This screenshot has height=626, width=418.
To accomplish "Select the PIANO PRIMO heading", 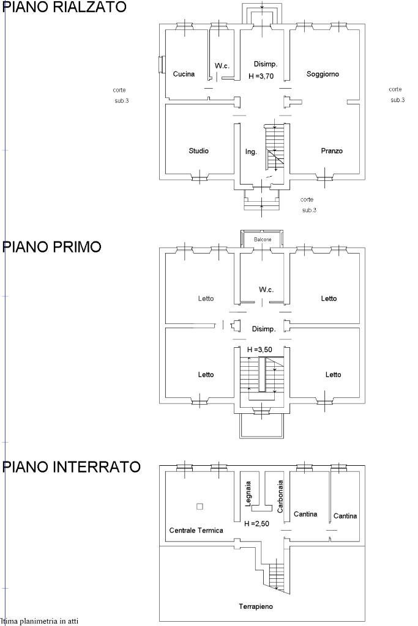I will click(x=52, y=246).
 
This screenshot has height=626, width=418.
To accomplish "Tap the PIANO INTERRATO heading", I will click(x=72, y=467).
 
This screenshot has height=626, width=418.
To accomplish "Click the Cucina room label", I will click(x=184, y=74).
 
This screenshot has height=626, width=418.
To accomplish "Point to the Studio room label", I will click(x=198, y=150).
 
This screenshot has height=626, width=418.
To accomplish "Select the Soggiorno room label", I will click(x=323, y=74).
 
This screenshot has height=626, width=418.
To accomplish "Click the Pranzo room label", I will click(x=332, y=150).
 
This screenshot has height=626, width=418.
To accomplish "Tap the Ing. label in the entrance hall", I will click(x=251, y=152).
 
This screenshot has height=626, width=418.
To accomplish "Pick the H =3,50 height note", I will click(x=259, y=349).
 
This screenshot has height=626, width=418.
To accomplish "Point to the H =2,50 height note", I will click(x=256, y=524).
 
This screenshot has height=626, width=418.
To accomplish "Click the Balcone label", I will click(x=263, y=239).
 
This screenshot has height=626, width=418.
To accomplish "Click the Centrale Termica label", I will click(x=196, y=530).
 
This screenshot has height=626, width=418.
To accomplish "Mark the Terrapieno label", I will click(x=256, y=606).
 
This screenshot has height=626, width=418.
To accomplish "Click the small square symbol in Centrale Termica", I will click(x=199, y=506).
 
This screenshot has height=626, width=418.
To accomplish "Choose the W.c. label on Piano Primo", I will click(x=266, y=289).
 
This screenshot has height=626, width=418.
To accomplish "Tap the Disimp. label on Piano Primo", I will click(x=264, y=329).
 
